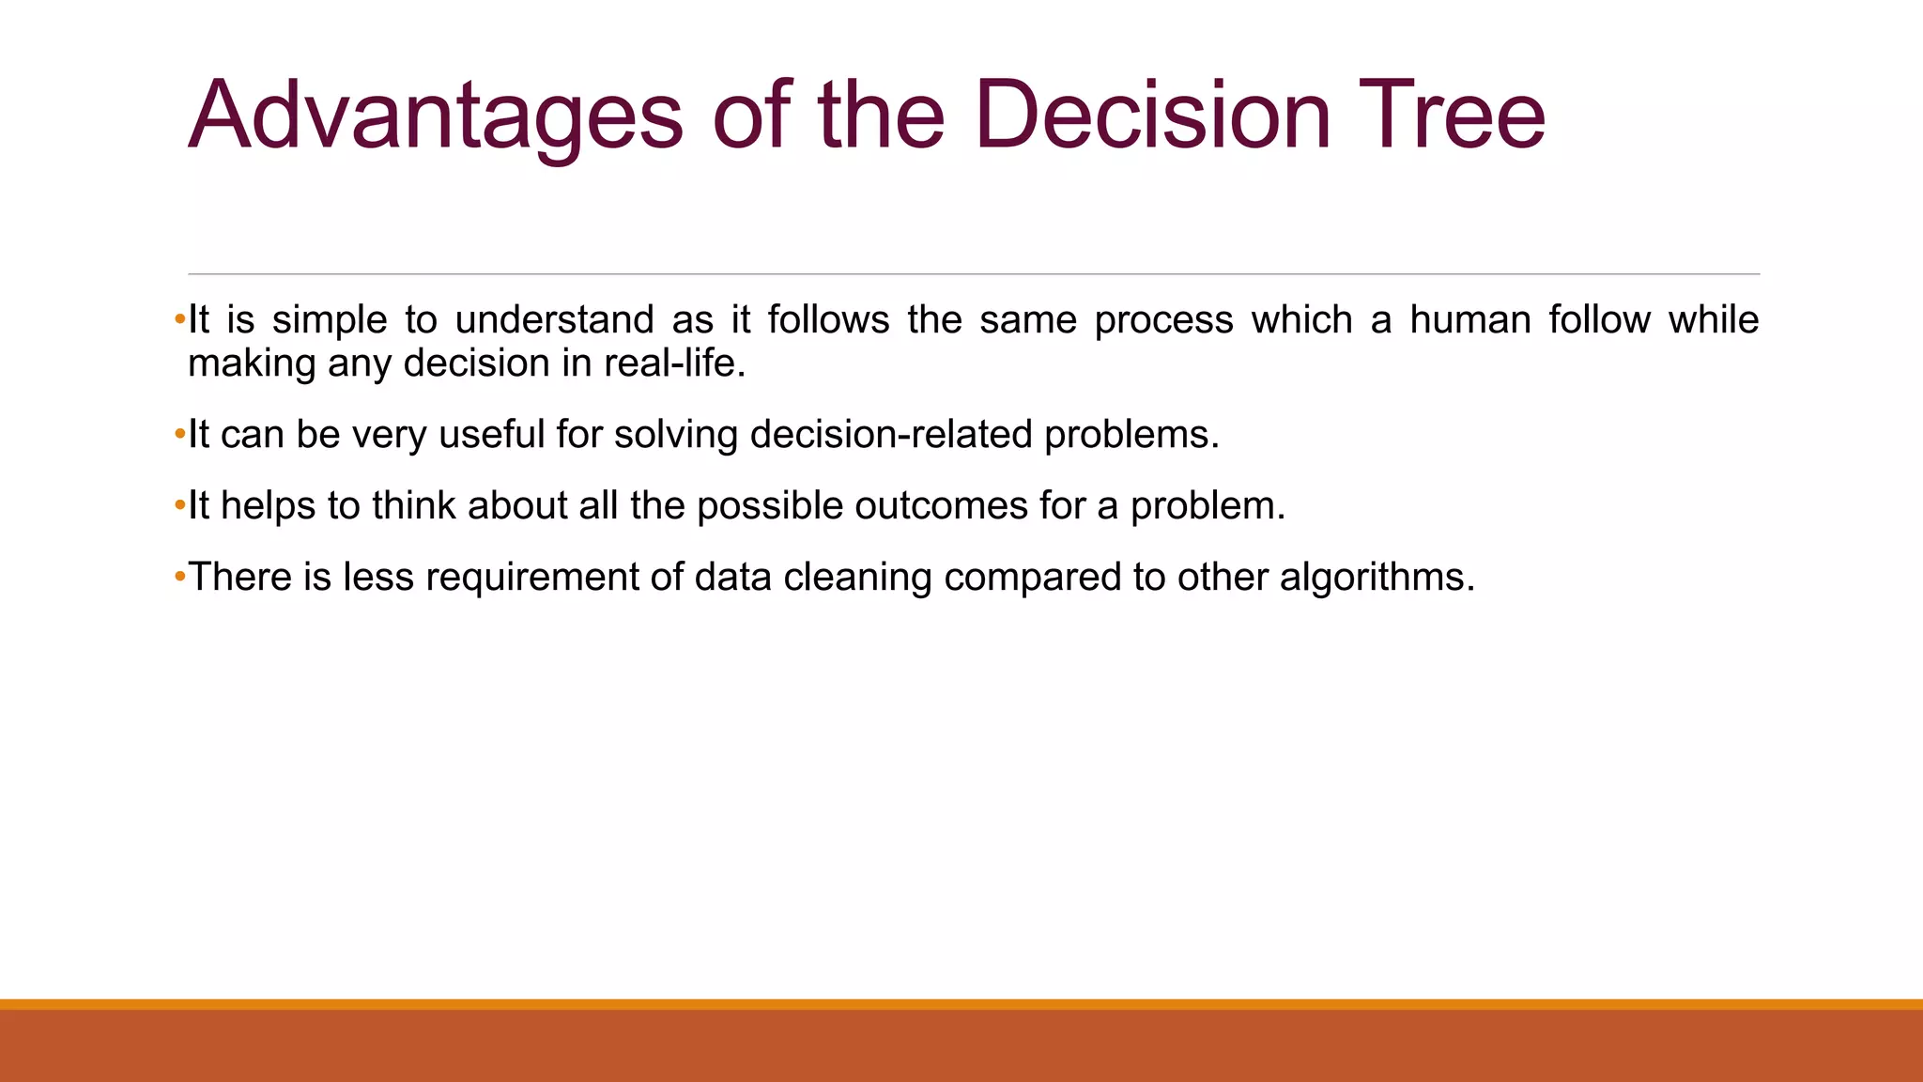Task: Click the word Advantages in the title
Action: (436, 116)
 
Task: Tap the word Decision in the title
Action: (1152, 116)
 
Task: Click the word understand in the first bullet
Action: (554, 320)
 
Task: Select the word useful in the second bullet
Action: (491, 435)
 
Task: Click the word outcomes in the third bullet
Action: (941, 506)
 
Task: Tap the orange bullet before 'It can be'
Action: (180, 435)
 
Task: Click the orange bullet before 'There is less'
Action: (180, 577)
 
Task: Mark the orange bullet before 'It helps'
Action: (180, 506)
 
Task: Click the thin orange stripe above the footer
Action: (961, 1004)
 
